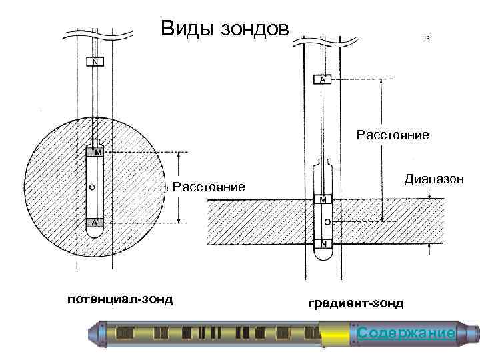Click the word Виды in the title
pos(185,29)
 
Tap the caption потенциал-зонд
pos(120,299)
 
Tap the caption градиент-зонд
pos(356,303)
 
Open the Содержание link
pos(406,333)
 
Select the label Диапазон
pos(434,179)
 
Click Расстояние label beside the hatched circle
pos(209,186)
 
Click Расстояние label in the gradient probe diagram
pos(393,136)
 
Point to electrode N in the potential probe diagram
pos(95,63)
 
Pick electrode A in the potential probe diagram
pos(95,223)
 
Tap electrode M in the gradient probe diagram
pos(323,199)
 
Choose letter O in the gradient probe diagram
pos(324,220)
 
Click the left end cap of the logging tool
pos(97,333)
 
